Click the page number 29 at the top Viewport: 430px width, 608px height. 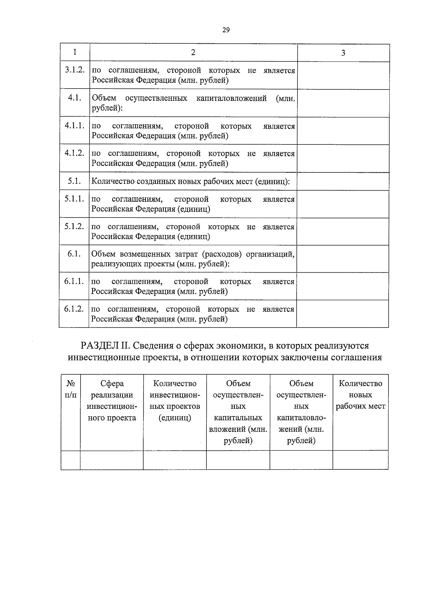pyautogui.click(x=226, y=30)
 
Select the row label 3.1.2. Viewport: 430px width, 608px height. pyautogui.click(x=75, y=70)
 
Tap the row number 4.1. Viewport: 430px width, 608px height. pyautogui.click(x=75, y=98)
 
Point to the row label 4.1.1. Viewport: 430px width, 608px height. pyautogui.click(x=75, y=125)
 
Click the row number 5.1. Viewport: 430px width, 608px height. pyautogui.click(x=74, y=181)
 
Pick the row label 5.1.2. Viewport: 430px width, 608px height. pyautogui.click(x=74, y=226)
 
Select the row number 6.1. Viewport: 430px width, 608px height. pyautogui.click(x=74, y=254)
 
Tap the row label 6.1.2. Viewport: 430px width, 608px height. pyautogui.click(x=74, y=308)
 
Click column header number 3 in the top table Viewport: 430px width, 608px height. pyautogui.click(x=343, y=53)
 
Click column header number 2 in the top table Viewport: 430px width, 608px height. pyautogui.click(x=193, y=52)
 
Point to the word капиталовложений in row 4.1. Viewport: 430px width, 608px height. pyautogui.click(x=231, y=98)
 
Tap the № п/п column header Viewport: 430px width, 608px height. pyautogui.click(x=71, y=389)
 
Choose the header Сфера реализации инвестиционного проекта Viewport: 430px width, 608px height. pyautogui.click(x=112, y=401)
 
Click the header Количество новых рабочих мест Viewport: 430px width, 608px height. pyautogui.click(x=360, y=395)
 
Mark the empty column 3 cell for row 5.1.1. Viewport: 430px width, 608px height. pyautogui.click(x=343, y=204)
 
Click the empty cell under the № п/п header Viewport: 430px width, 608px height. pyautogui.click(x=71, y=460)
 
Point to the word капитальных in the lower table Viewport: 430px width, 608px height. pyautogui.click(x=238, y=418)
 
